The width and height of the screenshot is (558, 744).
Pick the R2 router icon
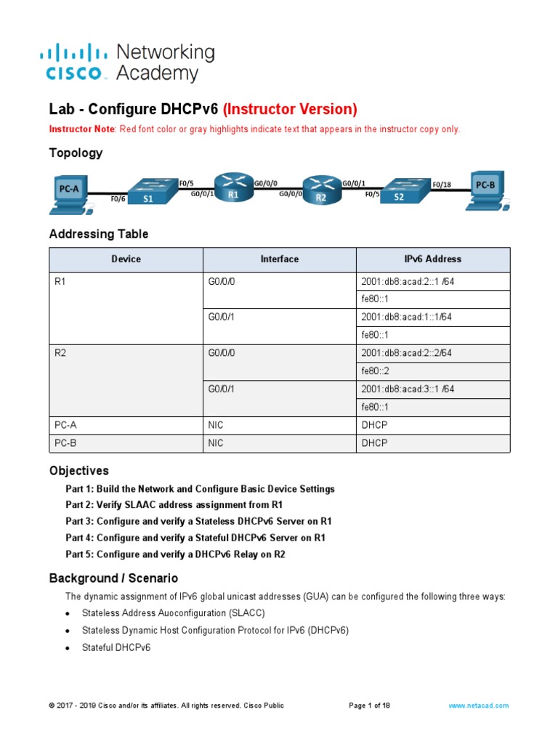(x=321, y=191)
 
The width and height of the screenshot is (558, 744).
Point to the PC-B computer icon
(x=485, y=190)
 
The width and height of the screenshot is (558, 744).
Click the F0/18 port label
(x=441, y=185)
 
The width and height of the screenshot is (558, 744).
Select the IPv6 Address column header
(x=432, y=259)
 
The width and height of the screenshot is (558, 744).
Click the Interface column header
(x=279, y=259)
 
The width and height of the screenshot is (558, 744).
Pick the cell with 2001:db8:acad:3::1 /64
(x=408, y=389)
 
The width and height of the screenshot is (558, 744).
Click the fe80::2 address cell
(x=376, y=371)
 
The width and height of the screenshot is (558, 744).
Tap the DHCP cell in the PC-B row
(x=374, y=443)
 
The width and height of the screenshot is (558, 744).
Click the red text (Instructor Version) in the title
(x=290, y=109)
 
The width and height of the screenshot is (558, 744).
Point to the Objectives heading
(x=78, y=470)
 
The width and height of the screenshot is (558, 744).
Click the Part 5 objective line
(x=175, y=554)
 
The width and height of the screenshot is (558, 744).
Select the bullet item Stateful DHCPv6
(x=116, y=647)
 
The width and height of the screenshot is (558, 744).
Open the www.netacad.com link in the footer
(x=478, y=705)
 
